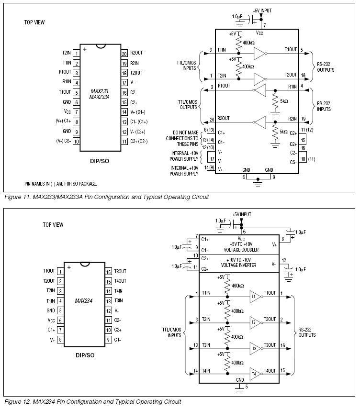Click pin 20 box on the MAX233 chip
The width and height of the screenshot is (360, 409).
pyautogui.click(x=124, y=53)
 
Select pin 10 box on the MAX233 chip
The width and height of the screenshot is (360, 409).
pyautogui.click(x=76, y=141)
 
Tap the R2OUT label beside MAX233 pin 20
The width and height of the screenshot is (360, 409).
pyautogui.click(x=137, y=53)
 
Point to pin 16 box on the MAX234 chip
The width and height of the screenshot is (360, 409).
pyautogui.click(x=108, y=271)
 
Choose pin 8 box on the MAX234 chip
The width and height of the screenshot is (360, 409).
pyautogui.click(x=60, y=340)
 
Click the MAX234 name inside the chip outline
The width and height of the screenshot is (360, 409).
pyautogui.click(x=84, y=301)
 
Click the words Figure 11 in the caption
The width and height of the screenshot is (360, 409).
pyautogui.click(x=17, y=197)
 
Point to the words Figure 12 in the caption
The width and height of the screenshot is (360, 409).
pyautogui.click(x=17, y=402)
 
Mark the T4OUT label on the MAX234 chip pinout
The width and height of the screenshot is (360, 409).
pyautogui.click(x=121, y=281)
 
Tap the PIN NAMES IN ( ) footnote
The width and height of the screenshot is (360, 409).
pyautogui.click(x=61, y=184)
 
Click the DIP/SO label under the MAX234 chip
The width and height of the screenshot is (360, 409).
pyautogui.click(x=85, y=355)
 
